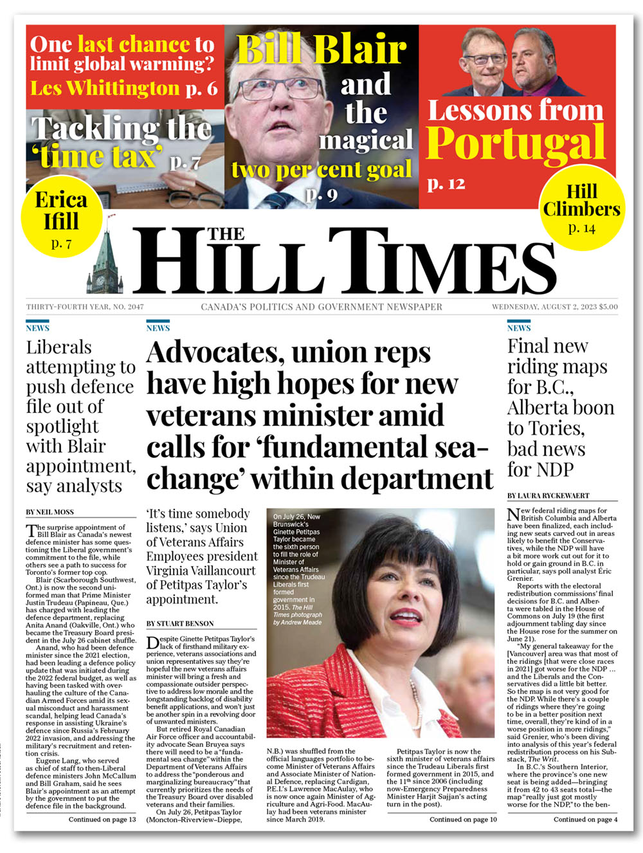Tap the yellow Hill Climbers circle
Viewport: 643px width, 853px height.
[x=581, y=208]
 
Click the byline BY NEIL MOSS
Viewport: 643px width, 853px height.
[x=50, y=512]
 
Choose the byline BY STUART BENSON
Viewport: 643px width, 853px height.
[x=180, y=623]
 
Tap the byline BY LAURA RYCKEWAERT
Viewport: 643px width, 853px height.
[x=548, y=495]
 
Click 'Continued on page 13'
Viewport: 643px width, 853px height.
[x=102, y=819]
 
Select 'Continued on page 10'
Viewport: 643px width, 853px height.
[x=463, y=819]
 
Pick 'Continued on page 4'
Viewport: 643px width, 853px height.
[x=585, y=819]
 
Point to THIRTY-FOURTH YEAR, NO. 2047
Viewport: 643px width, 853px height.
[x=85, y=307]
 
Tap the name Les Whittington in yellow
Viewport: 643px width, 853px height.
[x=105, y=87]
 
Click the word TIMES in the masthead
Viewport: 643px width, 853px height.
[x=444, y=262]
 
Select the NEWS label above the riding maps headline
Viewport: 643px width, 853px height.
[x=519, y=328]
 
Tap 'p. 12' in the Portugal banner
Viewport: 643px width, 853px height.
[x=446, y=184]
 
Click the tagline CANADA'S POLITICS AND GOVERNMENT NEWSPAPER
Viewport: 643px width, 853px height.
[x=321, y=307]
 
